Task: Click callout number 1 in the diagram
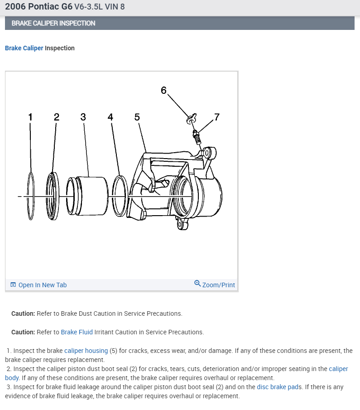30,117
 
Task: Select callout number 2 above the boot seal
57,117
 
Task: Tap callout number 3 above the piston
83,117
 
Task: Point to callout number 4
110,117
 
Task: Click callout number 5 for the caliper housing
137,117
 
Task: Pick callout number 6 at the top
163,90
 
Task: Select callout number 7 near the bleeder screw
216,117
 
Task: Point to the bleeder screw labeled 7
197,136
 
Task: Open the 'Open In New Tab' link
42,285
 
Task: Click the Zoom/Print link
218,285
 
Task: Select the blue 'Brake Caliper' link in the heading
24,48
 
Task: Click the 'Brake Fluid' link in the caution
77,332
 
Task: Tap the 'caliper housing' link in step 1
86,351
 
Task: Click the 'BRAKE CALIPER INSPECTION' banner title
53,23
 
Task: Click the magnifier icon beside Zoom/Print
197,284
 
